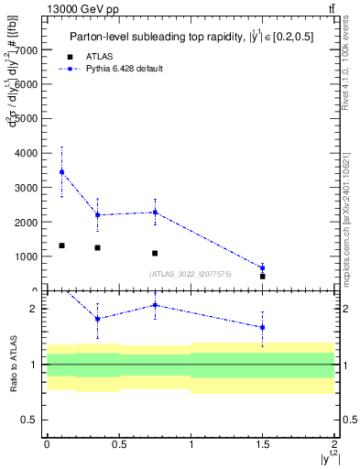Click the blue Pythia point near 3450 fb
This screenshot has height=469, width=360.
pos(61,171)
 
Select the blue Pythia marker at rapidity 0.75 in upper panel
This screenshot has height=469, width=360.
pos(155,213)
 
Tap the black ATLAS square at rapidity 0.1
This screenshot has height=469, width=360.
pos(61,245)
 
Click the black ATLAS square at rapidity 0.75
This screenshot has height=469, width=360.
pos(155,253)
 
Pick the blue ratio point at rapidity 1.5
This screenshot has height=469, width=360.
pos(263,327)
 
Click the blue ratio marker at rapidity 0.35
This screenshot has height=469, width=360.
pos(97,319)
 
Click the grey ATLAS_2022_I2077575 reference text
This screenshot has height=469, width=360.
pos(191,274)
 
